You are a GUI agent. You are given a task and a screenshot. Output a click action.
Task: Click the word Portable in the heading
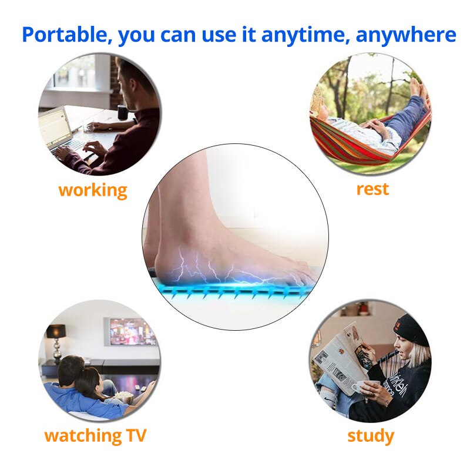pyautogui.click(x=65, y=34)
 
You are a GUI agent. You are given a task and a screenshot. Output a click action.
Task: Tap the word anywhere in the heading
pyautogui.click(x=414, y=34)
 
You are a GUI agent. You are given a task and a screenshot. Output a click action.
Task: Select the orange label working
pyautogui.click(x=93, y=190)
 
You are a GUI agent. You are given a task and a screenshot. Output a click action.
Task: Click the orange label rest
pyautogui.click(x=372, y=189)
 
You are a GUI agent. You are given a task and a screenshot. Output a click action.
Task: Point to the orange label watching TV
pyautogui.click(x=95, y=436)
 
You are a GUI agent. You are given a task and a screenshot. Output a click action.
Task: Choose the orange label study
pyautogui.click(x=370, y=436)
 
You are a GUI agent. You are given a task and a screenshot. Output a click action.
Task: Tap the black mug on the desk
pyautogui.click(x=122, y=112)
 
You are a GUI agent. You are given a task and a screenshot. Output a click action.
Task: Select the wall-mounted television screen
pyautogui.click(x=132, y=332)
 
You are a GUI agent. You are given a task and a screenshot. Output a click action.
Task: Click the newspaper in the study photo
pyautogui.click(x=338, y=355)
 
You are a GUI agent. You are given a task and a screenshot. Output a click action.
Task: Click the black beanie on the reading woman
pyautogui.click(x=411, y=329)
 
